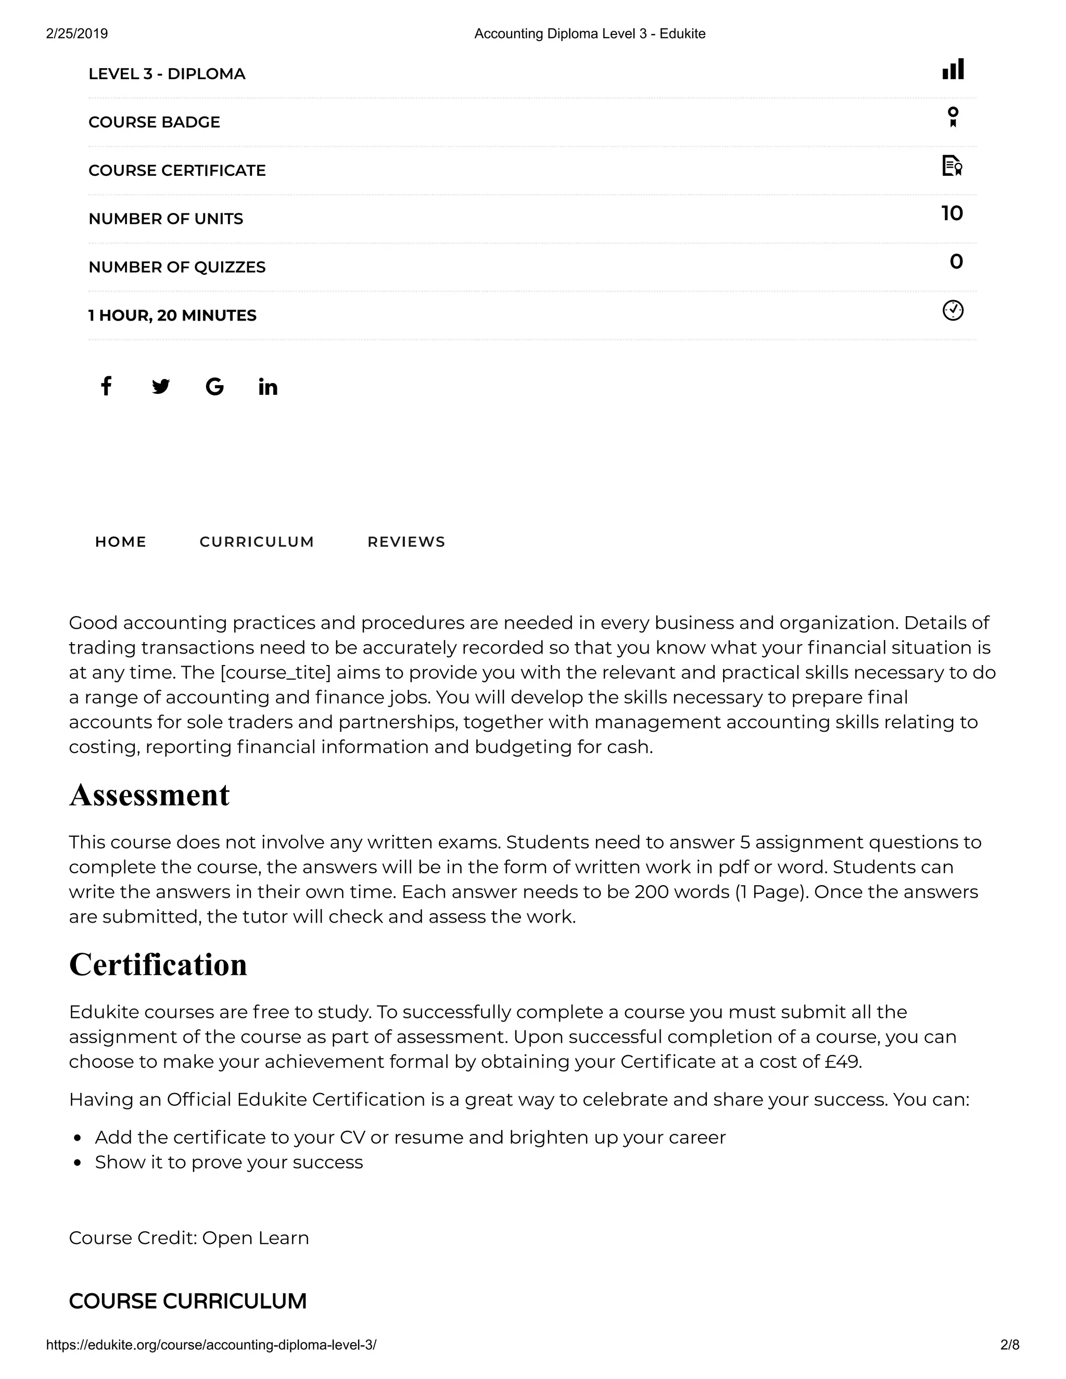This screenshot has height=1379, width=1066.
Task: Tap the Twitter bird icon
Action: (x=160, y=387)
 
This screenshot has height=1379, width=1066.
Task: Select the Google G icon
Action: (x=215, y=387)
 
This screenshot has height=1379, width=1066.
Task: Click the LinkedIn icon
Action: (x=268, y=387)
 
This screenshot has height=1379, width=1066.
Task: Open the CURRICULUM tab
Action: (x=257, y=542)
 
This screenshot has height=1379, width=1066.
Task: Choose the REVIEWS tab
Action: (x=406, y=542)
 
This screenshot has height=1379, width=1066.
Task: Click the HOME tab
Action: (x=121, y=542)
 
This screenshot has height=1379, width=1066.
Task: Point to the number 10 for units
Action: (x=951, y=213)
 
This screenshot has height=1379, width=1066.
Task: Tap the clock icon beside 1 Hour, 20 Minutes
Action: (x=953, y=311)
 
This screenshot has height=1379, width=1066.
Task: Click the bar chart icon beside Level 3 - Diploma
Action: (x=953, y=69)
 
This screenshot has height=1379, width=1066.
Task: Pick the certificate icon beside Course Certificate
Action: (x=951, y=165)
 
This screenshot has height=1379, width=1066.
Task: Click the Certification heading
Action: (x=158, y=965)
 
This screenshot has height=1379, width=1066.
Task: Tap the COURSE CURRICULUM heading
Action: (x=187, y=1301)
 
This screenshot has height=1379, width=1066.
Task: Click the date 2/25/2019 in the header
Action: (x=77, y=33)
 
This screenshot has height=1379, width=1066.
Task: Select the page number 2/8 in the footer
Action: (x=1010, y=1345)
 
